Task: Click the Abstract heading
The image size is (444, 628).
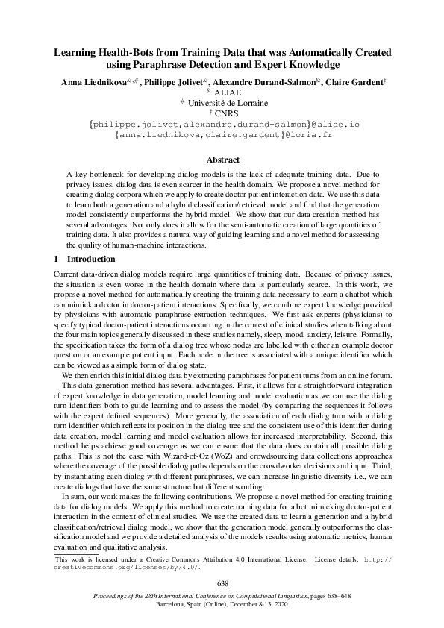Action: point(222,160)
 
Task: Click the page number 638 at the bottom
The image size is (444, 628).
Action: point(222,583)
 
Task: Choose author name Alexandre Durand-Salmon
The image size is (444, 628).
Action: point(266,81)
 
